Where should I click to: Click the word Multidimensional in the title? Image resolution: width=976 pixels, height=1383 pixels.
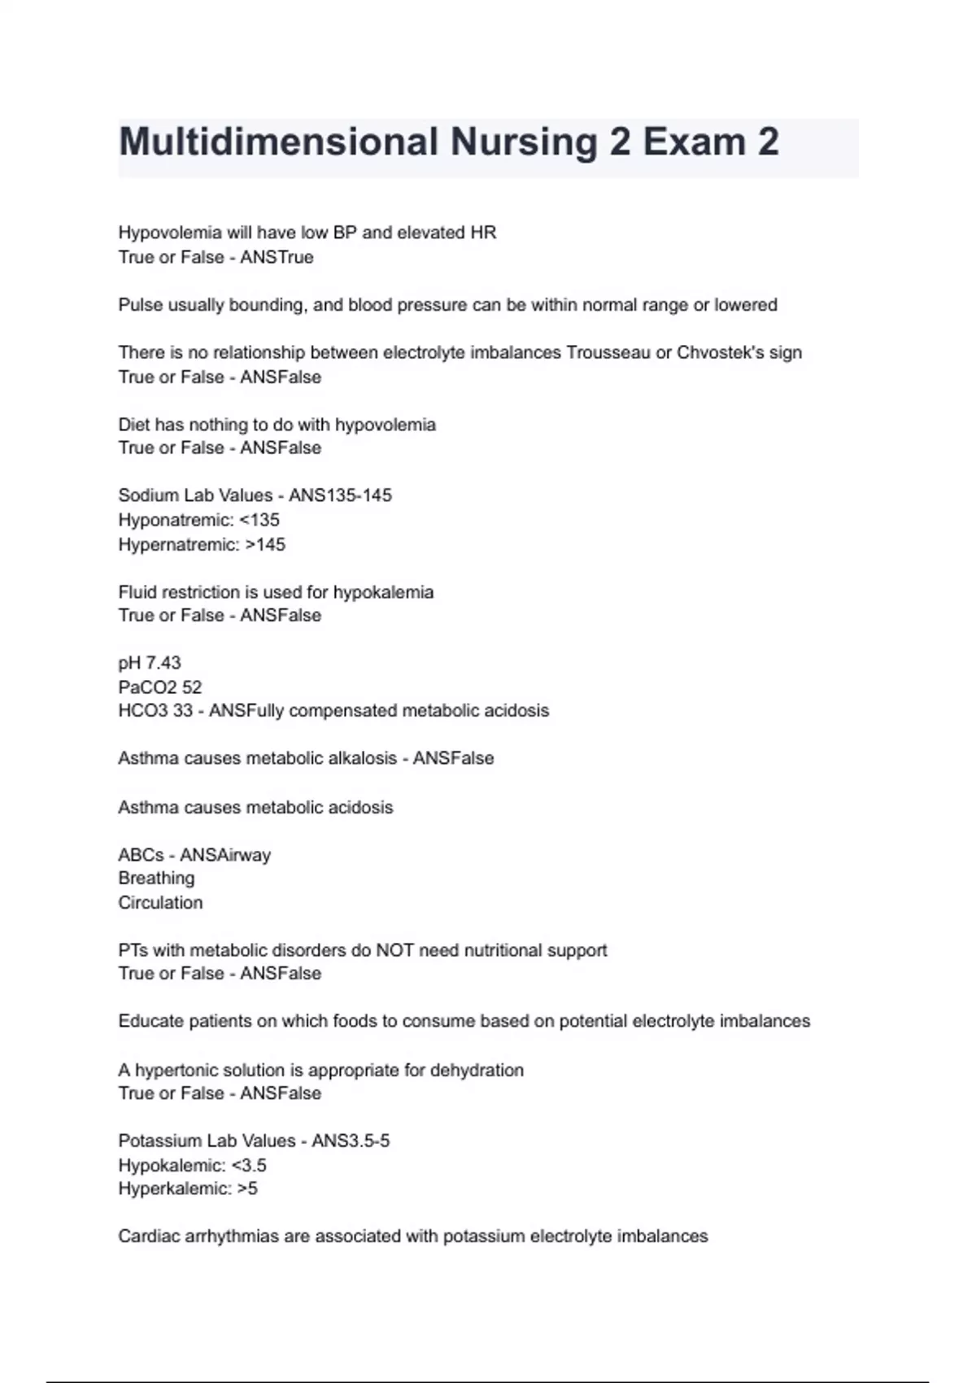[278, 142]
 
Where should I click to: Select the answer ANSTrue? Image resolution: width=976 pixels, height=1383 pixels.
[277, 257]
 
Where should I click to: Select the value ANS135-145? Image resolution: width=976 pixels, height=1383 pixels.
[340, 495]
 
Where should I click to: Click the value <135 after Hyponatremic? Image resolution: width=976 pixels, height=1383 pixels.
[259, 520]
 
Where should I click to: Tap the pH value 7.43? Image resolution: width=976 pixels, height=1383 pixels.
[163, 663]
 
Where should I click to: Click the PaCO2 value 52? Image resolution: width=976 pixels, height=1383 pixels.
[192, 687]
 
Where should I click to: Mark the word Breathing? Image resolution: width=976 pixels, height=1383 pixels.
[156, 879]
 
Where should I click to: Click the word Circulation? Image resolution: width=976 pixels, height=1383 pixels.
[160, 903]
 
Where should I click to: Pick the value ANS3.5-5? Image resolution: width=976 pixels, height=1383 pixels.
[351, 1141]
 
